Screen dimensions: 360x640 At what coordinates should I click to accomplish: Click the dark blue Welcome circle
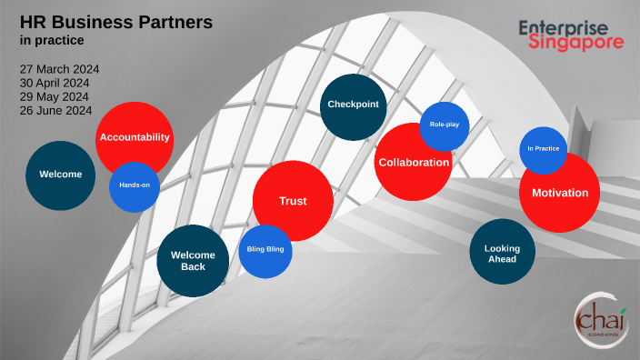[x=60, y=175]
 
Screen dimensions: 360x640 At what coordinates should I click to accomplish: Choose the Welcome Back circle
[x=193, y=260]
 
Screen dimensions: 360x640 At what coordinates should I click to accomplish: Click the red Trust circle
[x=293, y=201]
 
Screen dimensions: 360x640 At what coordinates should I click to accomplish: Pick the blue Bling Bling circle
[x=265, y=248]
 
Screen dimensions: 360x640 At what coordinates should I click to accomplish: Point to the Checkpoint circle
[x=354, y=105]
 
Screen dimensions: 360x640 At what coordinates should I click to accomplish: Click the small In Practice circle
[x=543, y=147]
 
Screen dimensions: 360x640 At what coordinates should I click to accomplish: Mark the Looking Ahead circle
[x=502, y=252]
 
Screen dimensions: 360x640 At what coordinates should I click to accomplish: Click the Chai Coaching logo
[x=599, y=319]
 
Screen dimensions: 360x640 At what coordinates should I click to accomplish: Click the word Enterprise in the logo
[x=571, y=27]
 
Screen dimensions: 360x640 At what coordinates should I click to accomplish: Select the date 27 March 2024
[x=60, y=69]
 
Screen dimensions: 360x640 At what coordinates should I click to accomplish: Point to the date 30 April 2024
[x=56, y=83]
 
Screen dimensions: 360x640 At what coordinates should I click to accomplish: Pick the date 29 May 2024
[x=55, y=96]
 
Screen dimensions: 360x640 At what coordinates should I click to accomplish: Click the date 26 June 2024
[x=56, y=110]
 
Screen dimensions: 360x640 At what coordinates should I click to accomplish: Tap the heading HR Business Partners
[x=116, y=21]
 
